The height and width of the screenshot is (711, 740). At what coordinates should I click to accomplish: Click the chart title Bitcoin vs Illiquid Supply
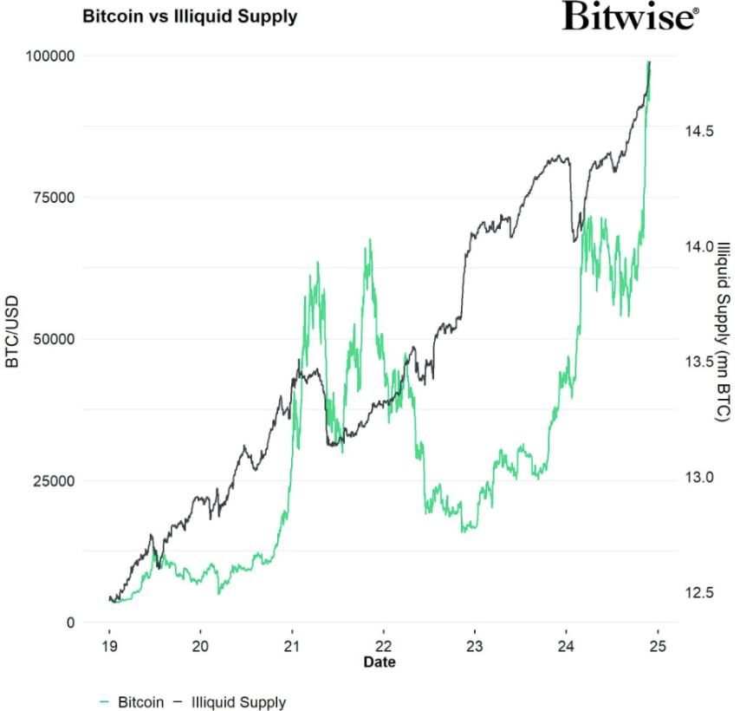pyautogui.click(x=189, y=16)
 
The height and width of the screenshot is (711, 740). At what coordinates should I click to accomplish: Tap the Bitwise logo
pyautogui.click(x=630, y=16)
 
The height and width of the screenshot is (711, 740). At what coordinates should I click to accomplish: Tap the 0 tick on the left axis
pyautogui.click(x=70, y=622)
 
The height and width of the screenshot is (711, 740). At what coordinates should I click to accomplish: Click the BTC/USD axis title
pyautogui.click(x=12, y=338)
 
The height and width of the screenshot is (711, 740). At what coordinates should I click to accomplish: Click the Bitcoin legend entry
pyautogui.click(x=131, y=701)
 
